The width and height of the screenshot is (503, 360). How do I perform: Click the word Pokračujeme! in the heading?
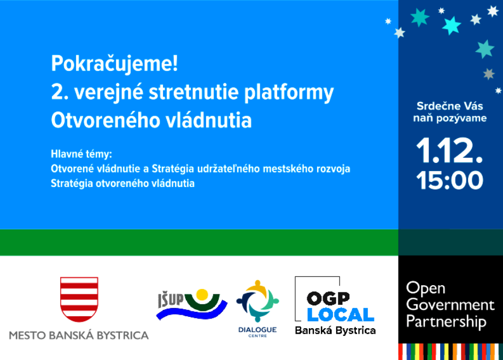click(114, 63)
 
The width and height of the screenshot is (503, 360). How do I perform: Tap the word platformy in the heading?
click(289, 93)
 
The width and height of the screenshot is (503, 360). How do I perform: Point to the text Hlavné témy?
click(81, 154)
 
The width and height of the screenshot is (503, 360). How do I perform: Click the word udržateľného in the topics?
click(229, 169)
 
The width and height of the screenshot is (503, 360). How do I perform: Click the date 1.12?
click(449, 151)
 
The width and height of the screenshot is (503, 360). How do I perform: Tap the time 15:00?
click(450, 180)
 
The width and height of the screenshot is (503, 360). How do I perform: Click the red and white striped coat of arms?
click(79, 299)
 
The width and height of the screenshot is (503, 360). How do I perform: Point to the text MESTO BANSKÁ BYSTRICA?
click(79, 335)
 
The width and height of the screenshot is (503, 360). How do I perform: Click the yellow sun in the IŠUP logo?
click(202, 294)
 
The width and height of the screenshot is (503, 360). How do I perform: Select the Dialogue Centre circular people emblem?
click(258, 301)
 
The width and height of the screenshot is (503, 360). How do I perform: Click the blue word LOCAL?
click(341, 315)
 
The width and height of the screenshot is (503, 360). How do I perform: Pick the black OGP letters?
click(328, 299)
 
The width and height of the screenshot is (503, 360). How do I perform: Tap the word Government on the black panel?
click(450, 305)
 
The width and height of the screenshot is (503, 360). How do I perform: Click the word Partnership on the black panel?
click(446, 322)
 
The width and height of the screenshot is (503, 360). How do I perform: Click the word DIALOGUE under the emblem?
click(258, 329)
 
